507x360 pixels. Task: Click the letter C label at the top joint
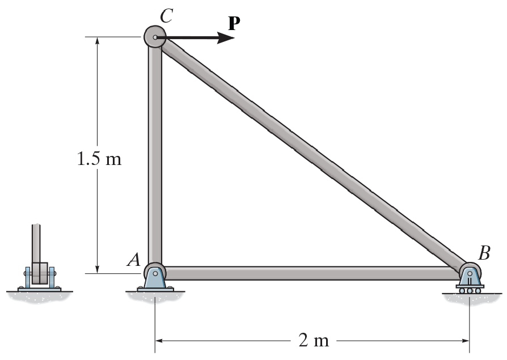click(166, 15)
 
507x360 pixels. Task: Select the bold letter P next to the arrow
click(233, 23)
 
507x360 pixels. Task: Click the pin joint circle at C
click(155, 37)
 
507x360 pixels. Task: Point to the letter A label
click(134, 260)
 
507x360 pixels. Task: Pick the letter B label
click(484, 253)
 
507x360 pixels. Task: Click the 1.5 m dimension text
click(99, 159)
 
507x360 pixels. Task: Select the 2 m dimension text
click(313, 341)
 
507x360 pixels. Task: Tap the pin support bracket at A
click(155, 279)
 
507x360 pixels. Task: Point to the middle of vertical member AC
click(155, 156)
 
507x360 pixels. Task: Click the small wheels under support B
click(470, 291)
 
